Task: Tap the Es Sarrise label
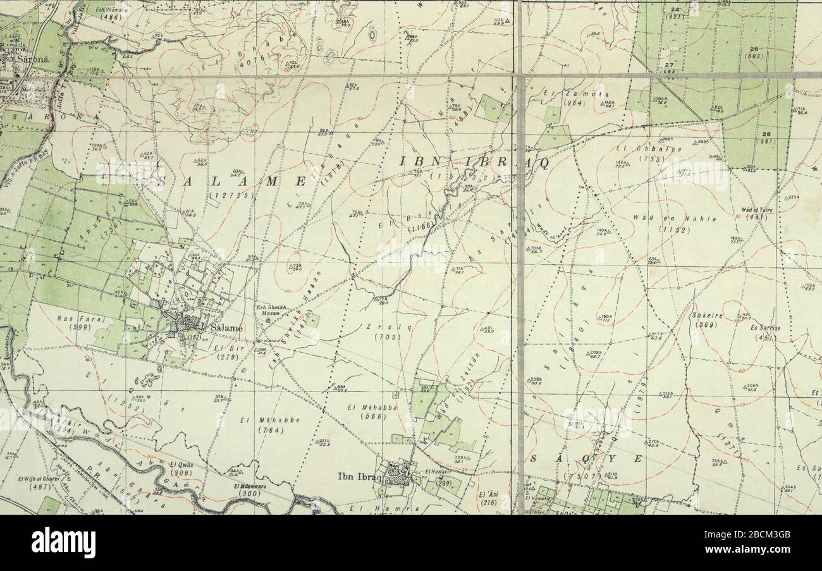765,329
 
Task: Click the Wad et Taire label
756,210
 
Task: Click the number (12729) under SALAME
233,196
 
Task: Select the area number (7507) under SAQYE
580,476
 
